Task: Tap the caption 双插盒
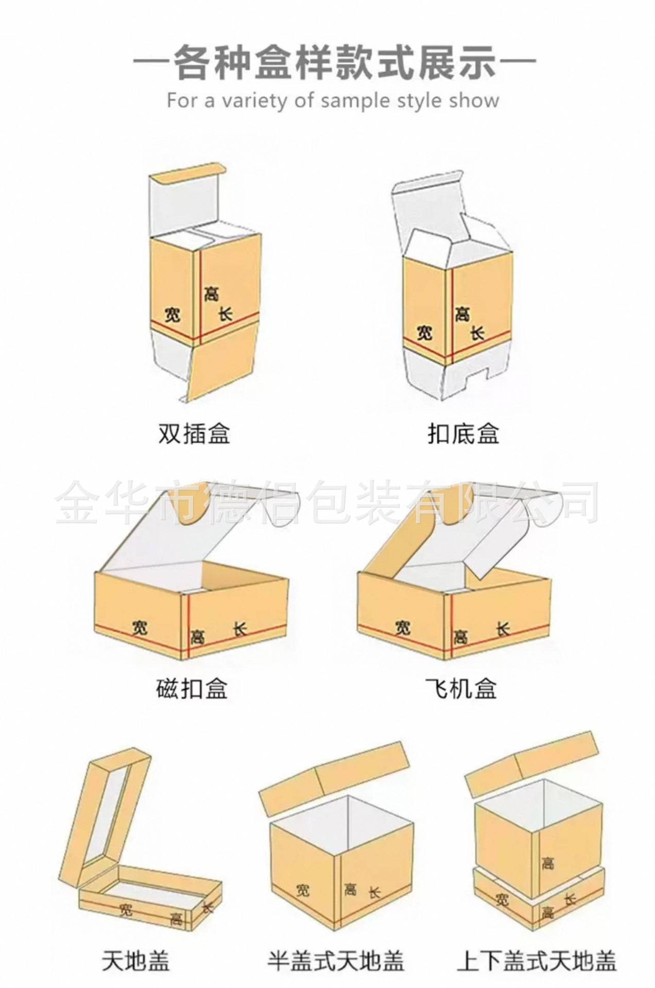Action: coord(194,433)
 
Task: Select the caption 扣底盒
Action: coord(463,433)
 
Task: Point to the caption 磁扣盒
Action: coord(192,688)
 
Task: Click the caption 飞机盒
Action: coord(461,688)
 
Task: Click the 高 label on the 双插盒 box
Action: coord(211,294)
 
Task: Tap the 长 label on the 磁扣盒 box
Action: coord(240,628)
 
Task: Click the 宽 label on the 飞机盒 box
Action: coord(403,627)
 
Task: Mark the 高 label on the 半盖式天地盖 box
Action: coord(351,888)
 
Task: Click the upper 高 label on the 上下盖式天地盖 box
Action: coord(547,863)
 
